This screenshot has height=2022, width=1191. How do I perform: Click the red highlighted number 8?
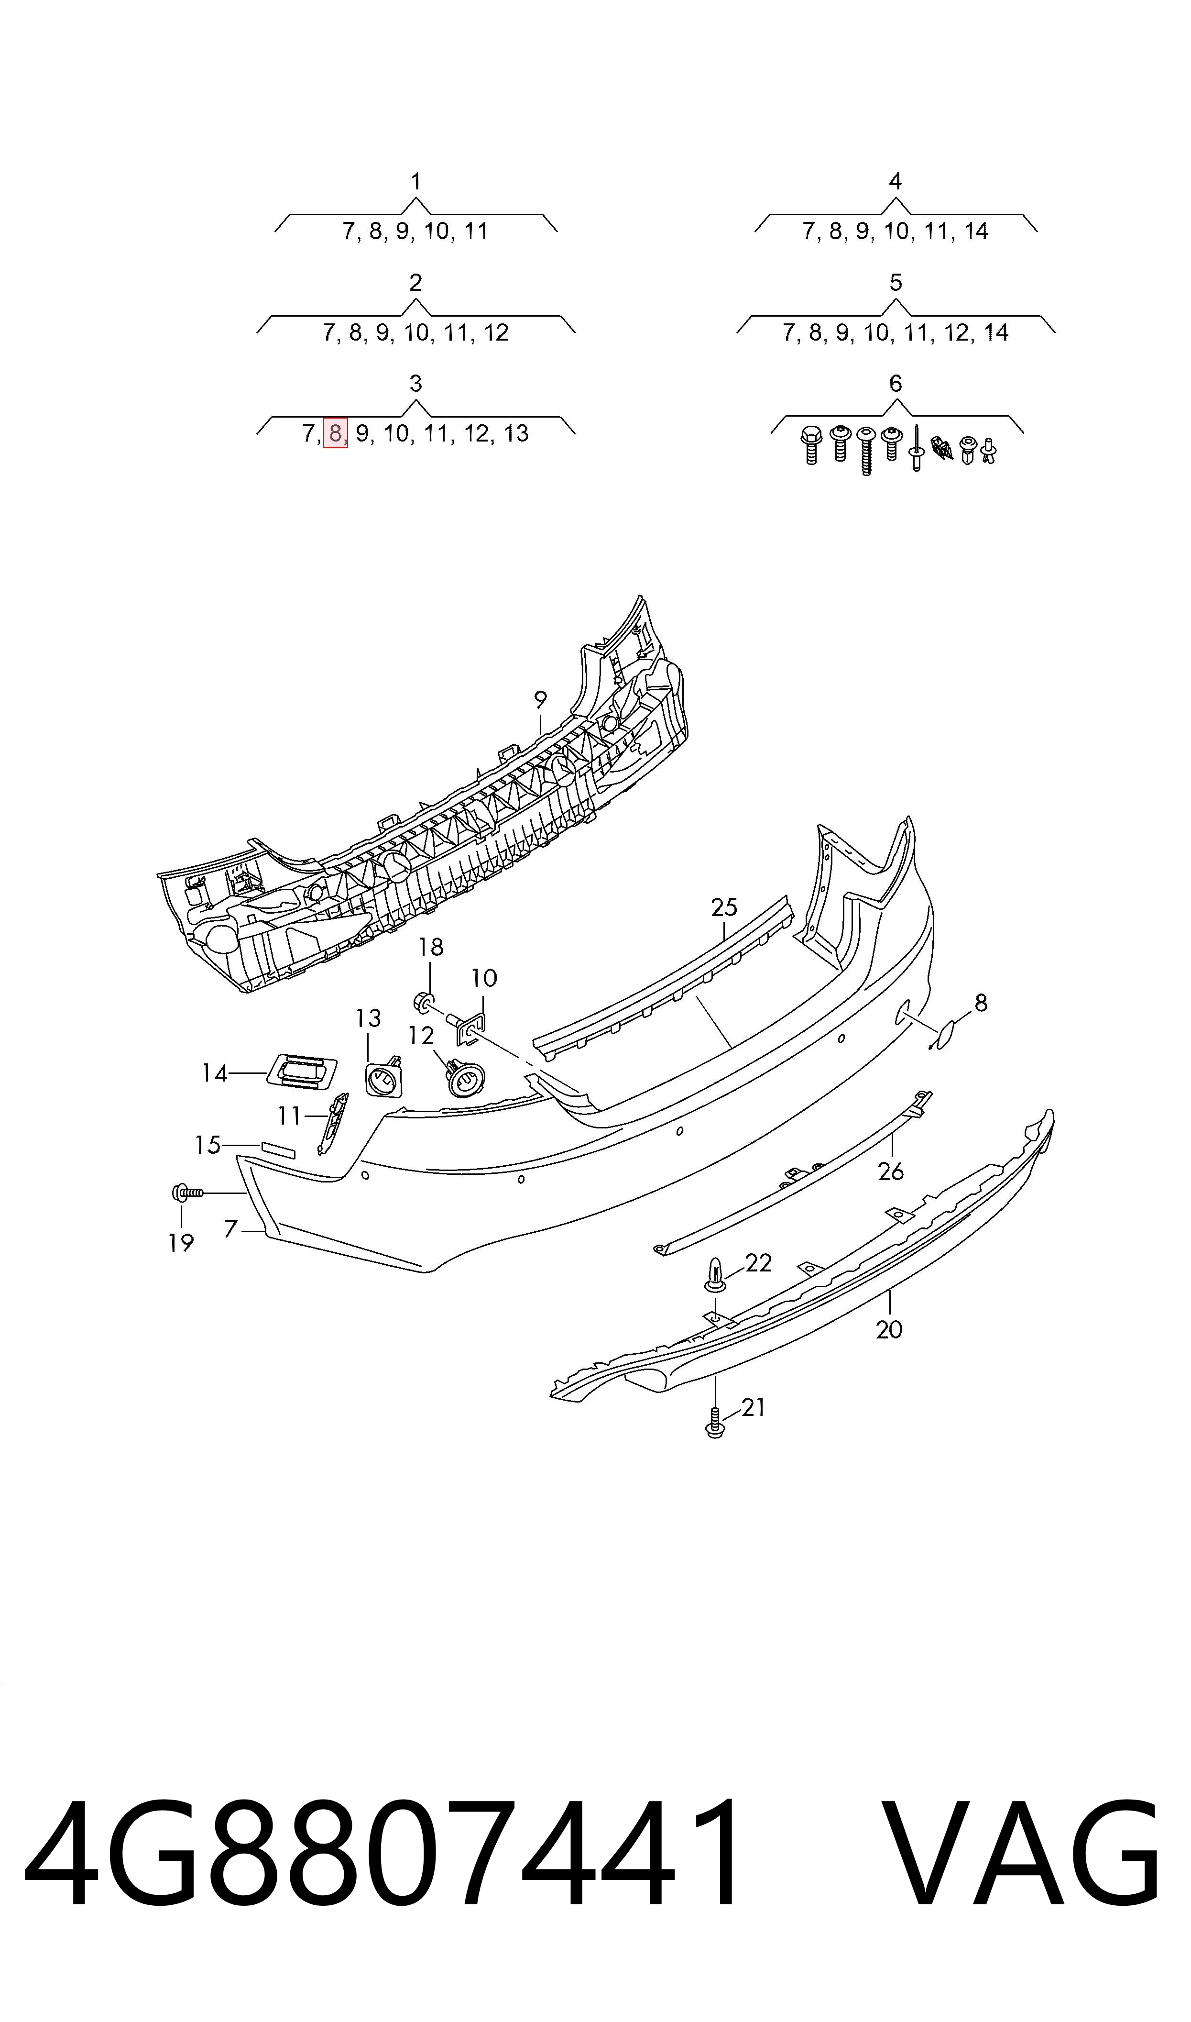336,433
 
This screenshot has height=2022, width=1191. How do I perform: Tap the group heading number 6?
896,384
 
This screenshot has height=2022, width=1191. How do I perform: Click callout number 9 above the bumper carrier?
540,700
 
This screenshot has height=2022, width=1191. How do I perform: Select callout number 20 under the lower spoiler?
889,1330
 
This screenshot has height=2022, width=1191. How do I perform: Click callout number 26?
891,1172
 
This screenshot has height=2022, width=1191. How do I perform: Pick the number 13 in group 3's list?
516,433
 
